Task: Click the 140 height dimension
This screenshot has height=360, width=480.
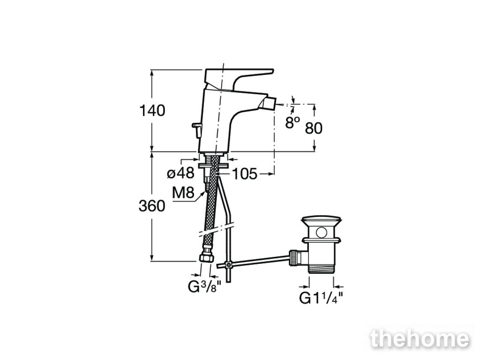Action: coord(152,111)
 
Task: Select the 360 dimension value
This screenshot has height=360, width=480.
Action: coord(152,206)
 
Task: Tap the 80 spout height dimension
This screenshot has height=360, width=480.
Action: coord(314,128)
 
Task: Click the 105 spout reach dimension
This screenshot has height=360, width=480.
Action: coord(245,174)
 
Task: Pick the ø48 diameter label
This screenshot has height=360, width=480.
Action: coord(180,173)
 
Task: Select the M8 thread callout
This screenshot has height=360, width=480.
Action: coord(183,193)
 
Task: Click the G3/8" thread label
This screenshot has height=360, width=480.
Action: coord(204,287)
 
